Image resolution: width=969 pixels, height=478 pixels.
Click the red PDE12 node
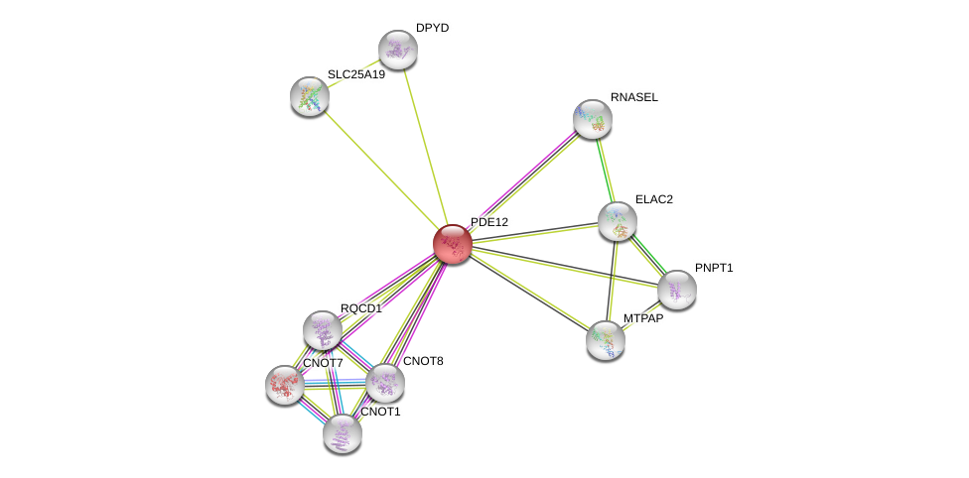coord(453,244)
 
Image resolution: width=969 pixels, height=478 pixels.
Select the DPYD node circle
coord(398,50)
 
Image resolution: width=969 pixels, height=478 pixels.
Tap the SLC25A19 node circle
coord(310,96)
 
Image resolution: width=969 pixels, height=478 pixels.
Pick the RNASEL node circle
coord(593,119)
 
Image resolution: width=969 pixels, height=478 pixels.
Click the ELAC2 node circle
coord(618,220)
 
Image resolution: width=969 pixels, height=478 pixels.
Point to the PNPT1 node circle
coord(677,290)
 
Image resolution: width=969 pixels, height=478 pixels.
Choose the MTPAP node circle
coord(606,340)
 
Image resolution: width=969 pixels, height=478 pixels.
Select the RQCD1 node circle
coord(323,330)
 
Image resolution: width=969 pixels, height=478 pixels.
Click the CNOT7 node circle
coord(285,385)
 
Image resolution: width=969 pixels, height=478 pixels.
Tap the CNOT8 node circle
coord(385,383)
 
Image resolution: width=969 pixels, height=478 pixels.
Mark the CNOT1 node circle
coord(343,432)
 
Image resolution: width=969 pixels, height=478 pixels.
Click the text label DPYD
coord(432,28)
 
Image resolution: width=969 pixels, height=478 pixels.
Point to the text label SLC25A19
coord(356,74)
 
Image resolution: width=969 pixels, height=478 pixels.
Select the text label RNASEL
coord(634,97)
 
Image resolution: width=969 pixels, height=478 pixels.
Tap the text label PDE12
coord(488,222)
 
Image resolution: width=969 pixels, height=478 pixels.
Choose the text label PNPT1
coord(714,268)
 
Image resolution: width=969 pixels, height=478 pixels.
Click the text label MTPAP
coord(643,318)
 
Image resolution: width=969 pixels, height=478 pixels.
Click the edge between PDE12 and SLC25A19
coord(381,170)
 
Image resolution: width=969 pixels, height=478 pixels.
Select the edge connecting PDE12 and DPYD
coord(425,147)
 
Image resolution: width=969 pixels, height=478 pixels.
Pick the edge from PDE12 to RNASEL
coord(522,181)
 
